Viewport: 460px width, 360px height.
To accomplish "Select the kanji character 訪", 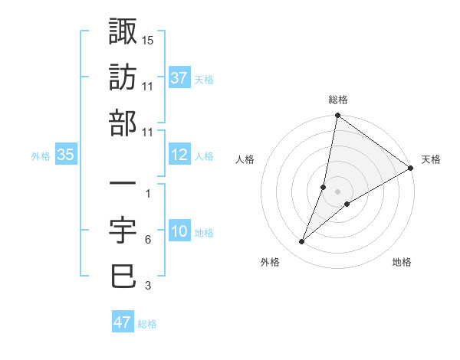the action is pyautogui.click(x=123, y=77).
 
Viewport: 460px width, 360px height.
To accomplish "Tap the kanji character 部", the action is pyautogui.click(x=123, y=123).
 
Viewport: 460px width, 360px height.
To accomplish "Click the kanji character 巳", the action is pyautogui.click(x=123, y=276).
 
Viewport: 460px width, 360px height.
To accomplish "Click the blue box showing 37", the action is pyautogui.click(x=179, y=78).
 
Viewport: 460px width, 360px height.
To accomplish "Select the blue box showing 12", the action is pyautogui.click(x=179, y=155).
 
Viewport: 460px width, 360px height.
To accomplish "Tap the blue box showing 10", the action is pyautogui.click(x=179, y=231).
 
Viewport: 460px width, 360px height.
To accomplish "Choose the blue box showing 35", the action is pyautogui.click(x=66, y=155).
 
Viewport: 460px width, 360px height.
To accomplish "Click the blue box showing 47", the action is pyautogui.click(x=123, y=322).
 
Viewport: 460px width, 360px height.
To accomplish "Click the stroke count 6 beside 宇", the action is pyautogui.click(x=147, y=240).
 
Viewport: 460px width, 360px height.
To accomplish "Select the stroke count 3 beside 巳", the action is pyautogui.click(x=147, y=286).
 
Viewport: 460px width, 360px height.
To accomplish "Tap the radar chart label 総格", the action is pyautogui.click(x=337, y=100).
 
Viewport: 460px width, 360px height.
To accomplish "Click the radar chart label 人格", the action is pyautogui.click(x=245, y=159).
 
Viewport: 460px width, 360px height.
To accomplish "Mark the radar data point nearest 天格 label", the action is pyautogui.click(x=411, y=169).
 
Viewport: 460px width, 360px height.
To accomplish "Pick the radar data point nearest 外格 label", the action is pyautogui.click(x=302, y=242).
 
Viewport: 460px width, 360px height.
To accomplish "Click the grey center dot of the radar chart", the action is pyautogui.click(x=337, y=191).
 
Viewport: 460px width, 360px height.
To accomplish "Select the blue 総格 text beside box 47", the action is pyautogui.click(x=147, y=324).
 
